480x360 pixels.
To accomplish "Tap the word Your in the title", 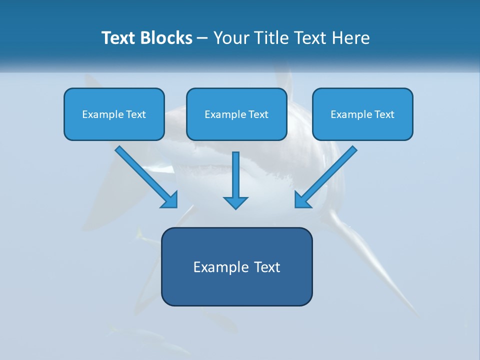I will tap(231, 38).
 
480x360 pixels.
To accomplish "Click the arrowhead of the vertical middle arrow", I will tap(235, 202).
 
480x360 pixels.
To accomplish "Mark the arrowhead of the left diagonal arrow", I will tap(170, 200).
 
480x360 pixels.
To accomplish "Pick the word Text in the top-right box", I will tap(384, 114).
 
